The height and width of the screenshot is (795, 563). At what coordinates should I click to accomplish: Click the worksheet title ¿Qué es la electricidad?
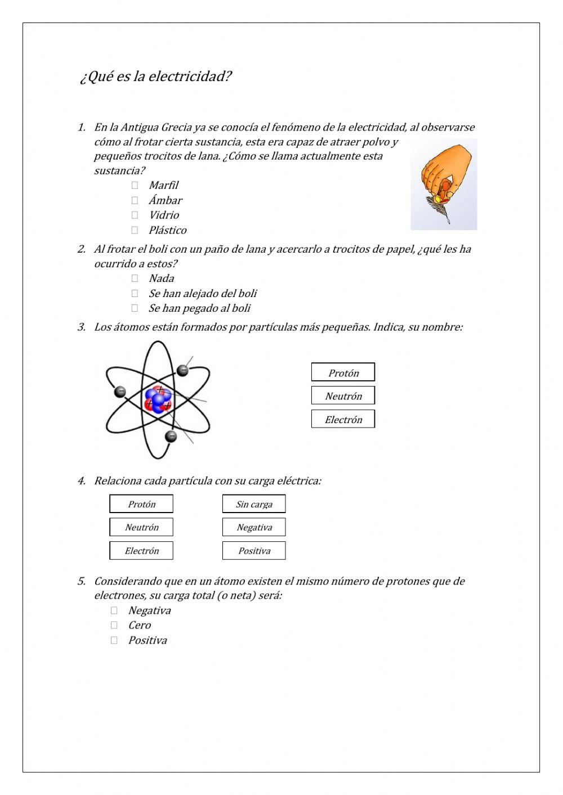click(x=155, y=77)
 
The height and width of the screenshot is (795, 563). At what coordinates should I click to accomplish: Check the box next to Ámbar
click(x=135, y=200)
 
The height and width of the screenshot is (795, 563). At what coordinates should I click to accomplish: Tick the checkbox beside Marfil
click(x=135, y=185)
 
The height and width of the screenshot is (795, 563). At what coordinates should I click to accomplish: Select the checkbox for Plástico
click(x=135, y=230)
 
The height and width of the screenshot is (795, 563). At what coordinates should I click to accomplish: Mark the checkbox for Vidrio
click(x=135, y=215)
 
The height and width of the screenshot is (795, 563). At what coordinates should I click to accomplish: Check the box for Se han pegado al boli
click(x=135, y=308)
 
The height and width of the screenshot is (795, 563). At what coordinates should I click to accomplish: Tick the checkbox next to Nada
click(x=135, y=278)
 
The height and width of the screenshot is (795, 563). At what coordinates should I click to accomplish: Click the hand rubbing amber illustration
click(x=444, y=185)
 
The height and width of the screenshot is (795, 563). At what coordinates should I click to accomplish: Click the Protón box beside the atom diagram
click(x=343, y=372)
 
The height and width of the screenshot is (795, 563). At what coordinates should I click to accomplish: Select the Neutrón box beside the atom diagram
click(x=343, y=396)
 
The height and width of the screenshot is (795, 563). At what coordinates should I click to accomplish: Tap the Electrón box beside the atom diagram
click(x=343, y=419)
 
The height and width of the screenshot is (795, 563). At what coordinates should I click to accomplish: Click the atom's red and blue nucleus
click(x=158, y=399)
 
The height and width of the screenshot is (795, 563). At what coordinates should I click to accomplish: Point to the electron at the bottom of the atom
click(x=171, y=436)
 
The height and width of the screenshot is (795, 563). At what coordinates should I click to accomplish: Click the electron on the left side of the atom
click(x=120, y=392)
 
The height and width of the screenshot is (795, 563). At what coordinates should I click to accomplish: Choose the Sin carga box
click(x=254, y=504)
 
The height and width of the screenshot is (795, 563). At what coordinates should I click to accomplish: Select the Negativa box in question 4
click(x=254, y=527)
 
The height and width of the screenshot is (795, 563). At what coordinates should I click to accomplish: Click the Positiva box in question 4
click(x=254, y=551)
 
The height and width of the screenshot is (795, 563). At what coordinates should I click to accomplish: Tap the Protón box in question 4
click(x=141, y=504)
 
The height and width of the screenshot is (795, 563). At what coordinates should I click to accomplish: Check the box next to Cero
click(x=114, y=625)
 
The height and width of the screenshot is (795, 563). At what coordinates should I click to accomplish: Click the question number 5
click(x=82, y=581)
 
